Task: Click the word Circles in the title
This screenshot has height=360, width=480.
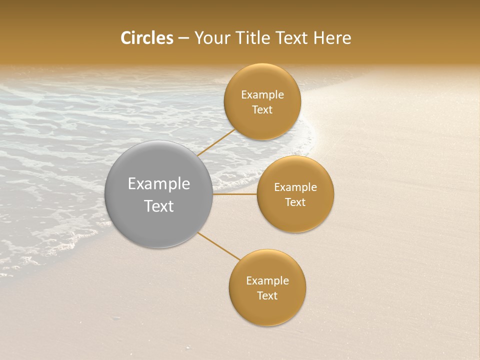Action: [x=147, y=38]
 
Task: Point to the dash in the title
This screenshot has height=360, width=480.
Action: [x=183, y=38]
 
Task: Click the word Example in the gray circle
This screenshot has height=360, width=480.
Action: [x=159, y=184]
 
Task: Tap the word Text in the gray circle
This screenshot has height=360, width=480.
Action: [x=159, y=206]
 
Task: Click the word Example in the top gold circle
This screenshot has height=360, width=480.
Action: [x=262, y=95]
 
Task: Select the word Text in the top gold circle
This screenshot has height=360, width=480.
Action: [x=262, y=110]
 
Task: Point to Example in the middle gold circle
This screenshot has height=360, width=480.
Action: [x=295, y=187]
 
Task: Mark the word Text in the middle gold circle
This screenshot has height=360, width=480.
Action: [x=295, y=202]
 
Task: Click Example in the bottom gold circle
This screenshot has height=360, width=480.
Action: [x=267, y=281]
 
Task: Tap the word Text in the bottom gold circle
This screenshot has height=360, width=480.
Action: [x=267, y=296]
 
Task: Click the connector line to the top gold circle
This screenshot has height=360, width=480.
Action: [x=216, y=142]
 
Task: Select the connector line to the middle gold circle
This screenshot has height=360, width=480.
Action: [x=235, y=194]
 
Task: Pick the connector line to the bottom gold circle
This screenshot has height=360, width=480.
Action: [x=219, y=245]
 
